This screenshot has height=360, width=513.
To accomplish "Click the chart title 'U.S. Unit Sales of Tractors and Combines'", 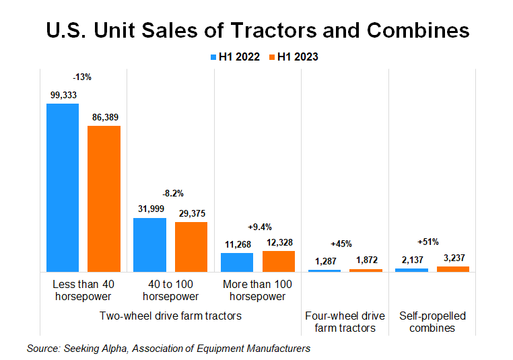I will (256, 30).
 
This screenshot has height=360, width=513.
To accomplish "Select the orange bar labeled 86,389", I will (104, 199).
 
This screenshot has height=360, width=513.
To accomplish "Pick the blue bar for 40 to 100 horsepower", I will (149, 244).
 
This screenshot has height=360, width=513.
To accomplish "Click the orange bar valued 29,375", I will (191, 246).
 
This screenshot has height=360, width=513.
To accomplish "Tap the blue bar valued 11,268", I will (237, 262).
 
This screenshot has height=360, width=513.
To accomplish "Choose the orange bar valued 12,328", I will (279, 261).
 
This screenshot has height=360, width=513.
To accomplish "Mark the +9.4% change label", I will (260, 227).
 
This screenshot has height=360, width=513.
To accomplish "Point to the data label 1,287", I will (324, 260).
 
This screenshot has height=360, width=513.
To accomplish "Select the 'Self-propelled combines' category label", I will (432, 322).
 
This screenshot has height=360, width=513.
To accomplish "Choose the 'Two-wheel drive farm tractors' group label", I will (170, 316).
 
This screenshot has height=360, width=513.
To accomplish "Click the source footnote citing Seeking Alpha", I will (168, 349).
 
